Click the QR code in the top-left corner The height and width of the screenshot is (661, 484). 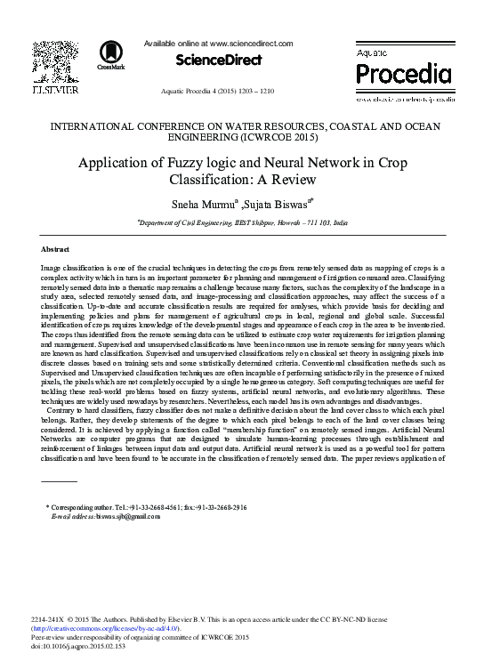point(52,60)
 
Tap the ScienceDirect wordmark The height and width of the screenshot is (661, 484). point(219,60)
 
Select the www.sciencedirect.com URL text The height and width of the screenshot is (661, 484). point(252,43)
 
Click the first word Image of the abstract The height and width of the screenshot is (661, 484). point(52,268)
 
